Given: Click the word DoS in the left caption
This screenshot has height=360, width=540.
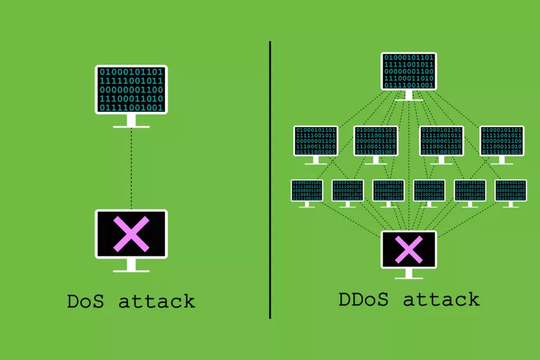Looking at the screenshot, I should [x=86, y=301].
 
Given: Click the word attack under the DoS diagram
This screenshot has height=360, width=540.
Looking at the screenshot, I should [x=156, y=301].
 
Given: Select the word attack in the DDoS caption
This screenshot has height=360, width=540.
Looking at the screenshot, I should [x=441, y=299].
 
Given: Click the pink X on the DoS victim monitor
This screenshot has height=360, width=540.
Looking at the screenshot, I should [x=131, y=234].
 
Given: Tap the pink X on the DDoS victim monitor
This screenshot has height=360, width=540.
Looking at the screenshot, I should [x=408, y=249].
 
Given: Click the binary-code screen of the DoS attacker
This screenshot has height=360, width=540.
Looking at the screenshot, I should [x=131, y=90].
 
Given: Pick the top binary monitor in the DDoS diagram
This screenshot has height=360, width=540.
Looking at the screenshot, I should [x=408, y=72].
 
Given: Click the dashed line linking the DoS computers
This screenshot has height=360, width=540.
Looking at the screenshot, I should [x=131, y=168].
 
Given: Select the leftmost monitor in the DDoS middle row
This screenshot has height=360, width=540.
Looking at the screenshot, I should [x=316, y=141].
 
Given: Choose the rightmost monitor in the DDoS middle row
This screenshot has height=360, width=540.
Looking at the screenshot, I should [x=502, y=141].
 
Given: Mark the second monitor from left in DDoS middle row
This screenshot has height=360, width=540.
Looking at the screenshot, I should [x=376, y=141].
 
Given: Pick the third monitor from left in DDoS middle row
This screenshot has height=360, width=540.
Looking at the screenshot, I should [x=442, y=141].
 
